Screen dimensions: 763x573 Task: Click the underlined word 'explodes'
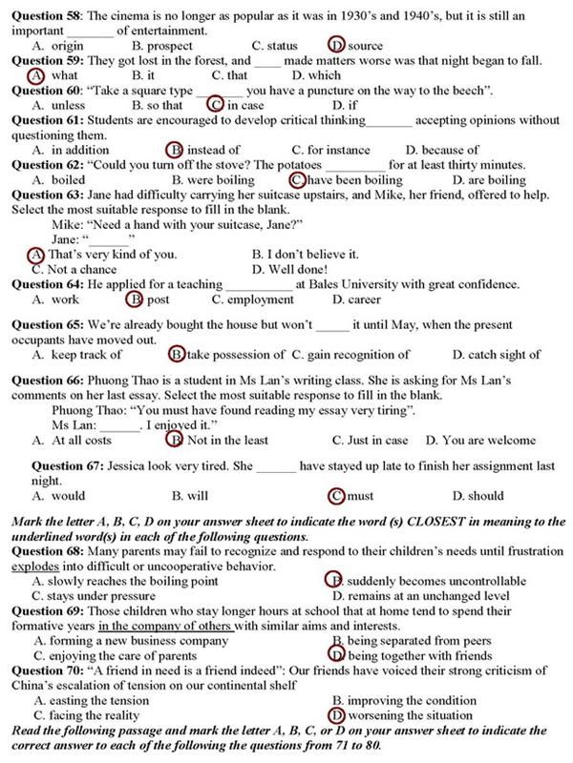coord(38,566)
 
